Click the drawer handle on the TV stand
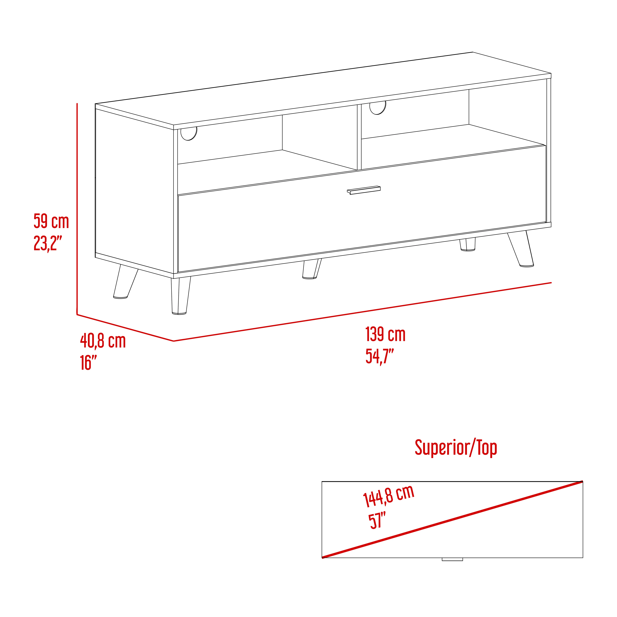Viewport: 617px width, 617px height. (364, 190)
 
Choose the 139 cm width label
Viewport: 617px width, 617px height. (386, 334)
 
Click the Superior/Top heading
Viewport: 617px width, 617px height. (456, 448)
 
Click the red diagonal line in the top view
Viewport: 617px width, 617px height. (452, 524)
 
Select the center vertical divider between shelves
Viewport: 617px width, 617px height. (359, 137)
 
